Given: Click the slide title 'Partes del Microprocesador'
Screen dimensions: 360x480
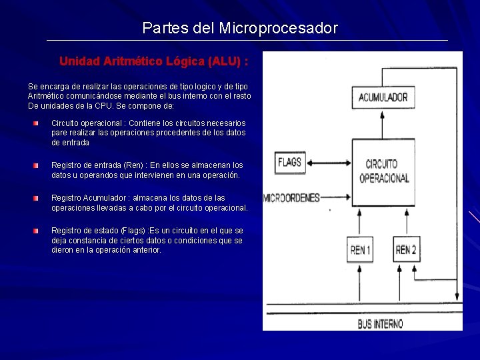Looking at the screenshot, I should (x=240, y=29).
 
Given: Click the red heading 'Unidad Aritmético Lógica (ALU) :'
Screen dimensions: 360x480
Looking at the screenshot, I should (x=154, y=61).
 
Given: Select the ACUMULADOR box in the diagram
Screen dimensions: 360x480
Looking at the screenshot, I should (x=383, y=97).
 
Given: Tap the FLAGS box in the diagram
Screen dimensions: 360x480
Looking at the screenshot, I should (x=289, y=162).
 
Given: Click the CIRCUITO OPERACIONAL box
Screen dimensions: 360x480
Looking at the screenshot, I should (x=383, y=171).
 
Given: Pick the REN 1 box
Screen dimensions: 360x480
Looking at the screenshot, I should (x=361, y=251).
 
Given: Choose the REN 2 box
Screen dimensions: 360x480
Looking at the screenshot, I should (x=407, y=251).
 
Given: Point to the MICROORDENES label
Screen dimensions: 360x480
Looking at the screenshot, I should (x=292, y=198).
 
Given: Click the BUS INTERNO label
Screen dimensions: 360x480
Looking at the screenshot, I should (x=380, y=323).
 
